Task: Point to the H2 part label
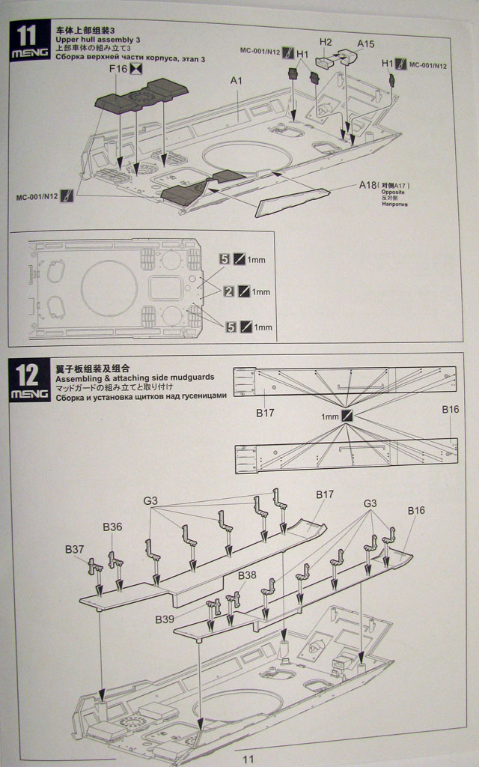point(326,43)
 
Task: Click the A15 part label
point(365,44)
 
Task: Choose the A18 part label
point(367,184)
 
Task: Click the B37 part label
point(74,549)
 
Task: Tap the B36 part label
point(112,527)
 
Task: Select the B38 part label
point(247,575)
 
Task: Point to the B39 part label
point(165,619)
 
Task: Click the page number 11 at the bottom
point(248,758)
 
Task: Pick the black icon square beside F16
point(135,70)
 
